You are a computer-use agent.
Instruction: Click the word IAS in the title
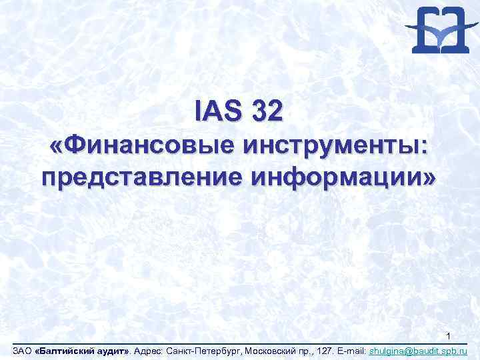(217, 111)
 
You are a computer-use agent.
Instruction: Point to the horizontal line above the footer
(240, 343)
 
